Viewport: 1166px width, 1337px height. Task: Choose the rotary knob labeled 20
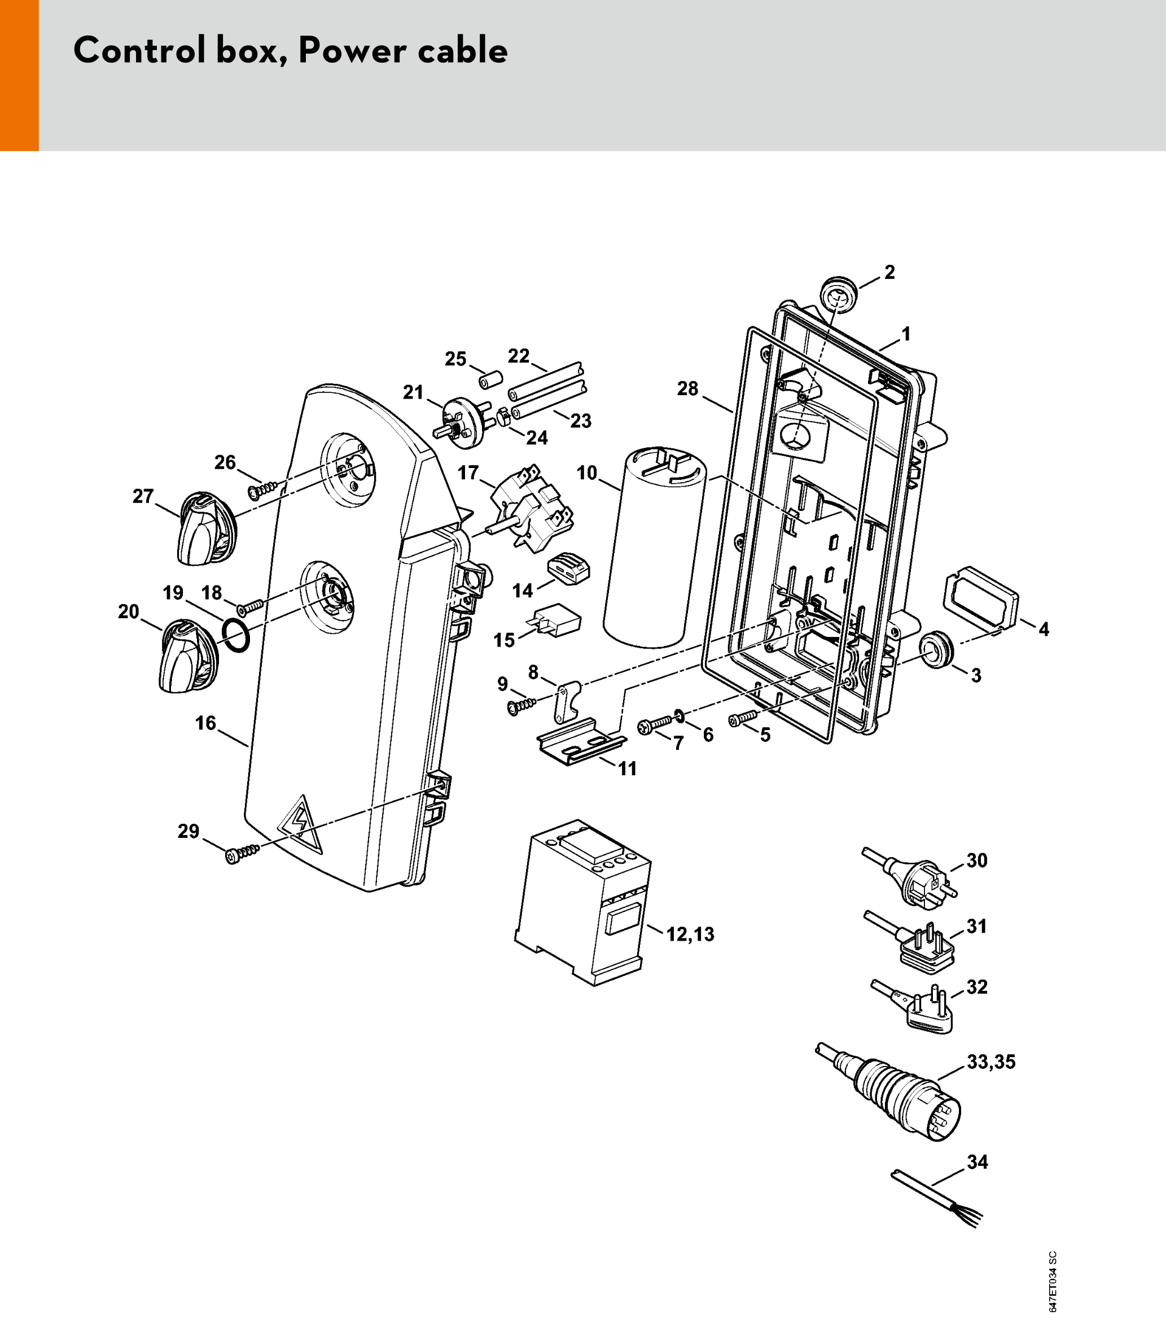click(189, 656)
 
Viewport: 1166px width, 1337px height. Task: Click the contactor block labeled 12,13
click(582, 902)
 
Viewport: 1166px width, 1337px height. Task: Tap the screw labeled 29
click(242, 853)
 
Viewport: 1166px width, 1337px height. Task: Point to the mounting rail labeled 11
click(581, 742)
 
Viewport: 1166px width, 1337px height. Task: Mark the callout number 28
click(688, 388)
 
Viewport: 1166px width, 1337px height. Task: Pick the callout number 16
click(205, 723)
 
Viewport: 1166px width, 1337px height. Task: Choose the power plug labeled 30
click(909, 878)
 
